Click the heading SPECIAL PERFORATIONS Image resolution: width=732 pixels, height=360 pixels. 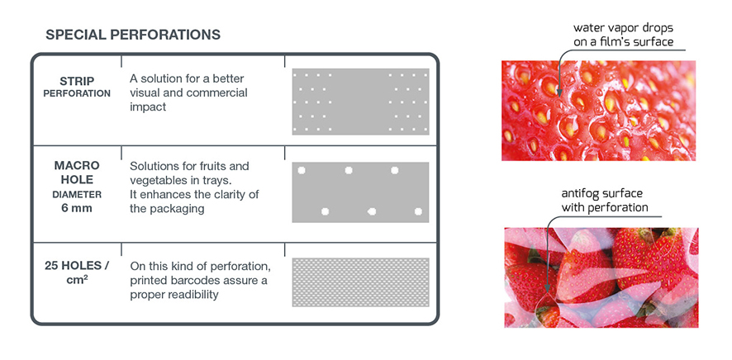(x=133, y=35)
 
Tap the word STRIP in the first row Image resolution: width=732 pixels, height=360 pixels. (x=77, y=81)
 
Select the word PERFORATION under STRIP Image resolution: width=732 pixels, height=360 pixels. (x=77, y=93)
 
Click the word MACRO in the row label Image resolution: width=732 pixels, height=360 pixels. (x=77, y=165)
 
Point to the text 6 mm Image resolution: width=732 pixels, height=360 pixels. (x=77, y=208)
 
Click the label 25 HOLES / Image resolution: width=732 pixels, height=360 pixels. (x=77, y=266)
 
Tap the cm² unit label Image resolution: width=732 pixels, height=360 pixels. (x=78, y=281)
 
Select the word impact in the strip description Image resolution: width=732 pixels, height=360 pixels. (x=148, y=107)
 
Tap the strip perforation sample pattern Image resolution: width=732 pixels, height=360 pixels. (x=360, y=102)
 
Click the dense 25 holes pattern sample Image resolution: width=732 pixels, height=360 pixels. (x=360, y=282)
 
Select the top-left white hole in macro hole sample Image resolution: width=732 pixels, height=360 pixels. (x=301, y=170)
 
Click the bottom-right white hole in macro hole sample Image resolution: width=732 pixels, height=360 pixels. (x=418, y=211)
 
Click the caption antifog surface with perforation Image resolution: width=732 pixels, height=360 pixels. (x=605, y=201)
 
